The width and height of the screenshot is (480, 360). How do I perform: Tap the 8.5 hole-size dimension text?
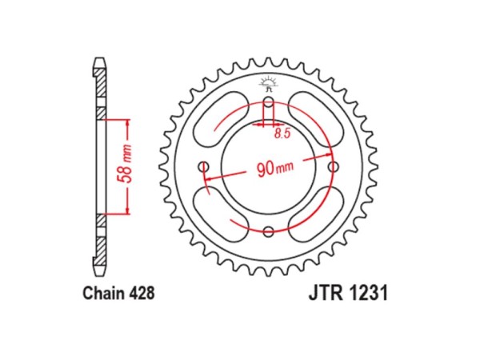282,134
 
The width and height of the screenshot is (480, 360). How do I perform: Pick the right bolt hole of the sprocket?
332,167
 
